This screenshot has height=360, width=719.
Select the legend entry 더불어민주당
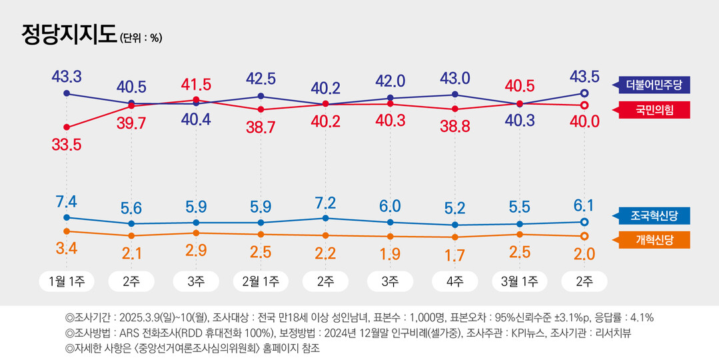click(653, 85)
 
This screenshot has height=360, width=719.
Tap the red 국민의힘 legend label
click(653, 110)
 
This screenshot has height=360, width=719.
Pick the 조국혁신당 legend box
click(653, 216)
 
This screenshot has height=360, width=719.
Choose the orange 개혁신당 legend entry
click(653, 241)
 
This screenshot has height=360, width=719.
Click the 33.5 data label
click(66, 144)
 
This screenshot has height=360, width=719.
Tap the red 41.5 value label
click(196, 85)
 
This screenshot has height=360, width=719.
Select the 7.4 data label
click(66, 201)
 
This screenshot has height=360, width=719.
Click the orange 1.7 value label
click(455, 253)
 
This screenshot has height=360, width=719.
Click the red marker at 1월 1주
click(66, 127)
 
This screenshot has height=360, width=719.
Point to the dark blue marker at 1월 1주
click(66, 94)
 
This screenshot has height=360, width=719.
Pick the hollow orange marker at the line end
click(584, 236)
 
